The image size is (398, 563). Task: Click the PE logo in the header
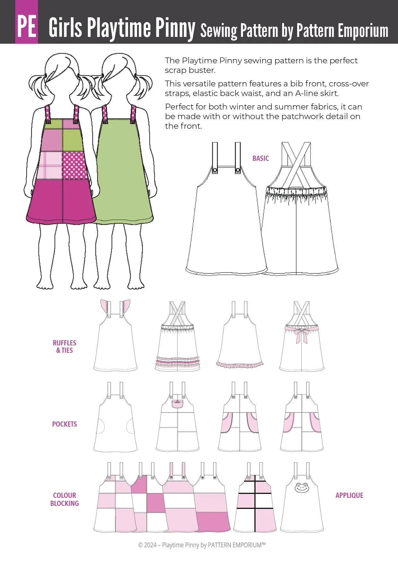[x=27, y=22]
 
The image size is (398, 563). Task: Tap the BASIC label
[x=261, y=158]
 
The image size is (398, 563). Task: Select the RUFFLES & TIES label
[x=65, y=347]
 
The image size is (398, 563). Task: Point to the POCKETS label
[x=65, y=424]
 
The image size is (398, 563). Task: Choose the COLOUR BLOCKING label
[x=65, y=499]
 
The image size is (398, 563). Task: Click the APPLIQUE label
[x=349, y=495]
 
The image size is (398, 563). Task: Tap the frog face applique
[x=301, y=487]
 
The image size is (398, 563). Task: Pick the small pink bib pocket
[x=177, y=404]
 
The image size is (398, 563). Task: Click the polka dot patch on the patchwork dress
[x=75, y=165]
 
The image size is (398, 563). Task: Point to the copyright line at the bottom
[x=202, y=545]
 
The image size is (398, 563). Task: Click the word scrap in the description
[x=175, y=70]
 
